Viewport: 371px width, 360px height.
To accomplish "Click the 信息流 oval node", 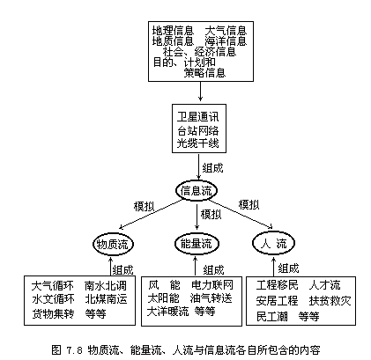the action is coord(197,191).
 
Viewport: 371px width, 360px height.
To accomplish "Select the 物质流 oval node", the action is coord(113,244).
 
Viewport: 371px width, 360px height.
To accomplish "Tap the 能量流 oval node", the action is coord(197,244).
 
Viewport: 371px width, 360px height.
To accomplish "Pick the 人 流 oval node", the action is coord(273,243).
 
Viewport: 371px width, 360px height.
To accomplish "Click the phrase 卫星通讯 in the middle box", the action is coord(197,117).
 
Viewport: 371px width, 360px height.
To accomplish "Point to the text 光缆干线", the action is coord(197,143).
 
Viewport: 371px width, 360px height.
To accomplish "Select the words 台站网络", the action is coord(197,130).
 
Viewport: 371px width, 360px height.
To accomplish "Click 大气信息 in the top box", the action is coord(226,31).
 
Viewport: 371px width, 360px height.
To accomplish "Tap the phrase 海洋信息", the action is coord(226,41).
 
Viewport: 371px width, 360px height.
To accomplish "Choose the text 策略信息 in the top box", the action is coord(204,72).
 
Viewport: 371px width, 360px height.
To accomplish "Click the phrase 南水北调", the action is coord(106,285).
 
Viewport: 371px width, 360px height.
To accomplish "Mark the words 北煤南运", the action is coord(106,299).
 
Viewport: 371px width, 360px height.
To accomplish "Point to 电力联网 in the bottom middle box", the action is coord(212,285).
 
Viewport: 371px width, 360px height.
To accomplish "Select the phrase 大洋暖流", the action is coord(167,312).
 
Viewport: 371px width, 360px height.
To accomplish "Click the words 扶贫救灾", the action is coord(330,301).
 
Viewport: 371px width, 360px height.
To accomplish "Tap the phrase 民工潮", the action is coord(271,317).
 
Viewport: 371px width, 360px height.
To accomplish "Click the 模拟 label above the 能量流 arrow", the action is coord(211,214).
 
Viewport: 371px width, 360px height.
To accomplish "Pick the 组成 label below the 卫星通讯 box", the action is coord(213,168).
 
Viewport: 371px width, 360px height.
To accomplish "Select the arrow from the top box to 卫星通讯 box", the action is coord(200,92).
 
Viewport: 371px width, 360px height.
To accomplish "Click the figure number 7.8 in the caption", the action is coord(75,350).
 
